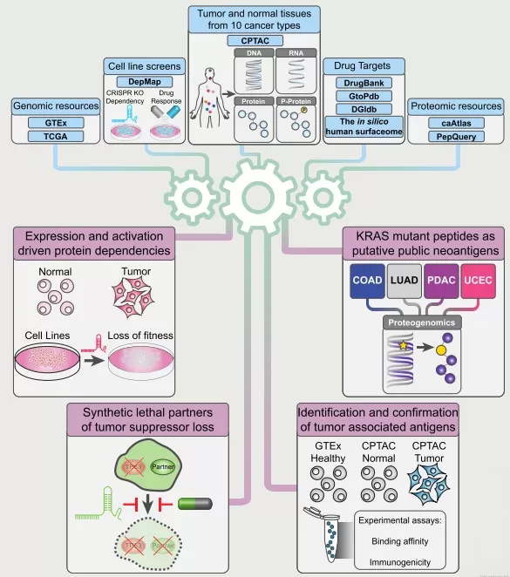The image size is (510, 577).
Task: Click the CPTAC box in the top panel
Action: [253, 41]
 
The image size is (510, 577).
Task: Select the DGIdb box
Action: [355, 108]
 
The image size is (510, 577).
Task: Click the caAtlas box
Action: [456, 124]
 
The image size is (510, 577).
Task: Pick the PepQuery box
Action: [456, 137]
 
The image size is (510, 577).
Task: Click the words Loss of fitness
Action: [141, 335]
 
